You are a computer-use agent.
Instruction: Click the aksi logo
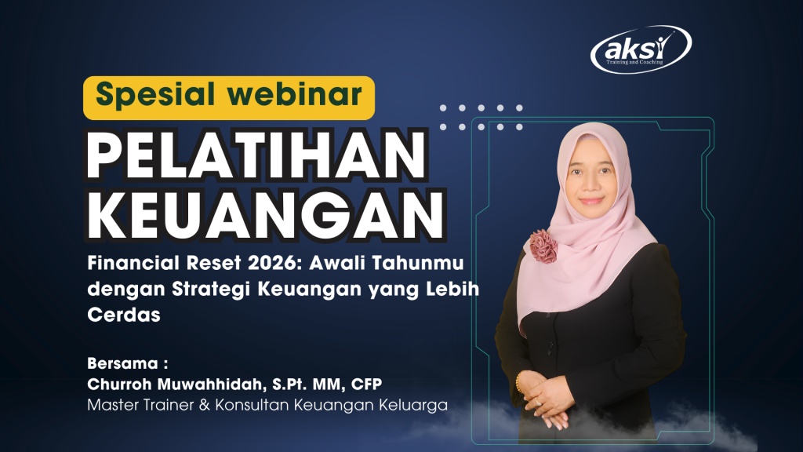[641, 49]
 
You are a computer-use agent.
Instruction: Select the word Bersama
[125, 364]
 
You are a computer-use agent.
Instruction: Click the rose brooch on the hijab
[542, 246]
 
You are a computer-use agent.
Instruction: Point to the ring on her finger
[538, 403]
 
